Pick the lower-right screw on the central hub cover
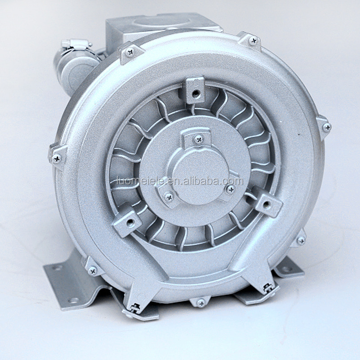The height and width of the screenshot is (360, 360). (230, 189)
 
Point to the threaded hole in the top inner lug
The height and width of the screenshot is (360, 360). (196, 94)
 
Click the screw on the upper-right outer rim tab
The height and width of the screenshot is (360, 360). (253, 41)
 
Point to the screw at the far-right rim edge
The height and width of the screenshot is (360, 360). (326, 127)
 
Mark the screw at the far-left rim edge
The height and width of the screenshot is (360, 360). (57, 158)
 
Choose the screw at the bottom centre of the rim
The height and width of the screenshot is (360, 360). (201, 303)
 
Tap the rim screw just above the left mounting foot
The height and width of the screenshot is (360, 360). (92, 270)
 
